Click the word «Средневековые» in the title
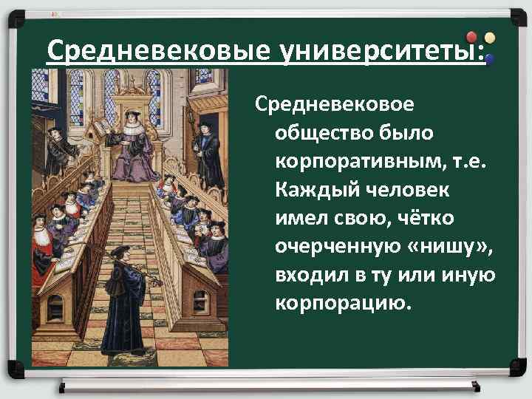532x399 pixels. click(158, 52)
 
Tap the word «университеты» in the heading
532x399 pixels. click(378, 52)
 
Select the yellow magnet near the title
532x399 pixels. click(490, 36)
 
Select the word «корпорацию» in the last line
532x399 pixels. click(341, 304)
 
